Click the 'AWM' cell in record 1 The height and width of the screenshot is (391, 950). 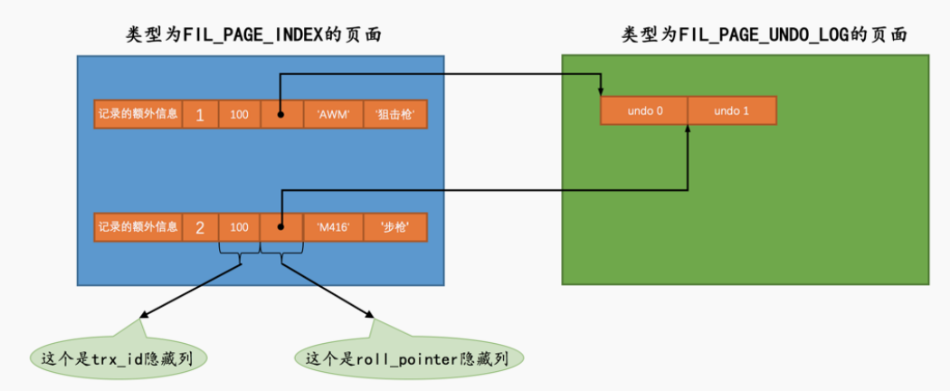[x=334, y=115]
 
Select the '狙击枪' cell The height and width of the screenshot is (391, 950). [x=394, y=115]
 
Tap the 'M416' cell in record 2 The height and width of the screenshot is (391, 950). [x=334, y=227]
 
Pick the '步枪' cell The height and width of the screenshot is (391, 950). [x=394, y=227]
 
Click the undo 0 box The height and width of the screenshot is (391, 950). [x=644, y=110]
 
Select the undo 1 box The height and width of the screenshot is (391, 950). [x=731, y=110]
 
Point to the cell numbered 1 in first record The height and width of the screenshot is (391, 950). [x=200, y=115]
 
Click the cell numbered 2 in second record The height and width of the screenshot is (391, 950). [x=200, y=227]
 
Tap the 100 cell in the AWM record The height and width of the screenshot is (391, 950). [x=239, y=115]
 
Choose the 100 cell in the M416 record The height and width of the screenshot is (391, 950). [x=239, y=227]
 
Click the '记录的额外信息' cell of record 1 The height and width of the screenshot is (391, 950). [x=138, y=115]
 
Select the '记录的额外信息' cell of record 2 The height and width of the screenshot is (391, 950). [x=138, y=227]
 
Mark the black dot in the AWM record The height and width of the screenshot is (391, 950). [x=280, y=116]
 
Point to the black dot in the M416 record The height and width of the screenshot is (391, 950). [x=280, y=228]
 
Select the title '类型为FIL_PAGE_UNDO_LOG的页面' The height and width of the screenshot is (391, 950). [x=765, y=35]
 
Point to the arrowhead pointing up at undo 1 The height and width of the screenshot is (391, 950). [x=688, y=130]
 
